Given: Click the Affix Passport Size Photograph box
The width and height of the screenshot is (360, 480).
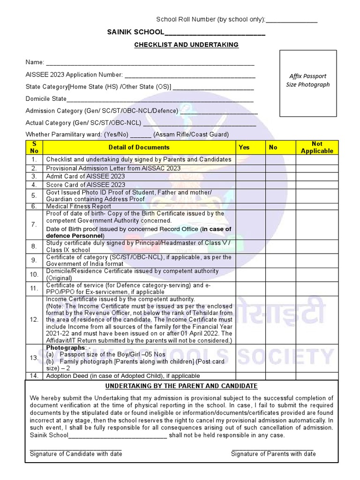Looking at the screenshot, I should pos(307,83).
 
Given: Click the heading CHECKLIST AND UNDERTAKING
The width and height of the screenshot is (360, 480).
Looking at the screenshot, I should pos(187,45).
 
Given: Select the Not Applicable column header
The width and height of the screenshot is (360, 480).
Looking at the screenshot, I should pos(317,147).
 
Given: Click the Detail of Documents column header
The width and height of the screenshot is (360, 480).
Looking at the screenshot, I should pos(139,147).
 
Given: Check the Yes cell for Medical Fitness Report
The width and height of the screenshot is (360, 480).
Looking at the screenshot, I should pos(250,206).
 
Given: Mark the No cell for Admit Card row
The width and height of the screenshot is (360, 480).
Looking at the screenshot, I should pos(280,176).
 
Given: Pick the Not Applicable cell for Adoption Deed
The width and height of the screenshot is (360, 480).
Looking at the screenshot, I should pos(317,376).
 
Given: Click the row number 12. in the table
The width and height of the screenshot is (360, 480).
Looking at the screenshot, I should pos(34,320).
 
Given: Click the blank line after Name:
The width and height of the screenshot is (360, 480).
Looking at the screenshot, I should pos(150,63).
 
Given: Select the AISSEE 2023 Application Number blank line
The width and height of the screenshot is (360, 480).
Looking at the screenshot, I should pos(190,75).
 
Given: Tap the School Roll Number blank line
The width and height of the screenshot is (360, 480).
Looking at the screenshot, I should pos(292,21).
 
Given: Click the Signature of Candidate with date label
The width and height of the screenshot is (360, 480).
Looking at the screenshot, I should pos(76,454).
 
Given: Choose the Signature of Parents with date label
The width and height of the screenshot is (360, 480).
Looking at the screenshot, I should pos(273,454).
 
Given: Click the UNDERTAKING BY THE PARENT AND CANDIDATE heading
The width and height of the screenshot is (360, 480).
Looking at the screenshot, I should pos(181,386).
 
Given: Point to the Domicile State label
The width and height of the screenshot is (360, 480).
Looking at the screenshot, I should pos(46,99).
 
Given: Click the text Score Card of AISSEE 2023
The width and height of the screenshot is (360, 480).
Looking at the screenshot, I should pos(85,185).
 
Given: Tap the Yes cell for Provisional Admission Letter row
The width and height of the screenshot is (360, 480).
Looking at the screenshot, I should pos(250,168).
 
